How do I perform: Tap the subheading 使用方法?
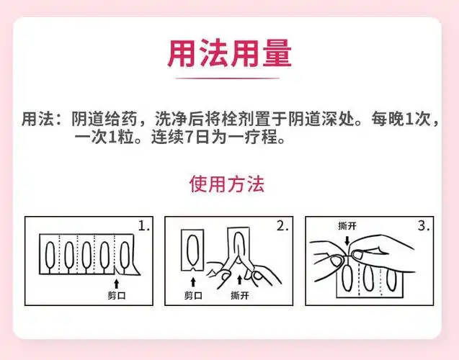pos(227,184)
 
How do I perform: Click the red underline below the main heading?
pos(229,78)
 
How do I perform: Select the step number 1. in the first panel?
pos(144,225)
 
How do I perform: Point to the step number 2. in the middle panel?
pos(282,225)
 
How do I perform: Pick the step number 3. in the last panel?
pos(424,225)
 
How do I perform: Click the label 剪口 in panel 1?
pos(115,294)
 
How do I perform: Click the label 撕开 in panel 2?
pos(240,295)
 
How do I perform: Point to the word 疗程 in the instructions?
pos(270,137)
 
